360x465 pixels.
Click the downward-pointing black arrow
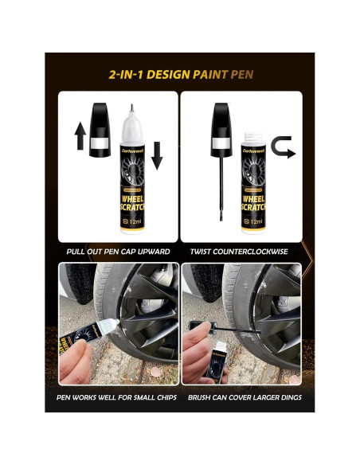(x=156, y=154)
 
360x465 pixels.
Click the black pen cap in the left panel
(x=98, y=127)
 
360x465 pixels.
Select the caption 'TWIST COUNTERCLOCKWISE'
(x=241, y=252)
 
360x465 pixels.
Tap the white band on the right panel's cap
(x=219, y=144)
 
